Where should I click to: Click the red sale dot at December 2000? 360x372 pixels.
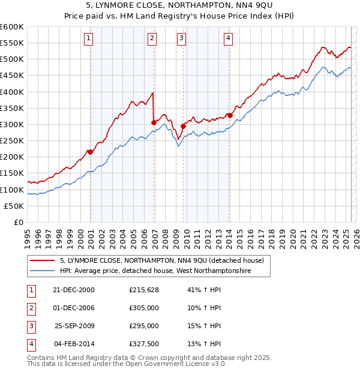pos(91,152)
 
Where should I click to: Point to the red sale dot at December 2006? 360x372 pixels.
pos(154,123)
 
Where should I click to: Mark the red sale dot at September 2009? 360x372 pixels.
pos(184,126)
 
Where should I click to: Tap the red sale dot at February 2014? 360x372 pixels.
pos(230,115)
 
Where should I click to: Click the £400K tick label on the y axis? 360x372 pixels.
pos(11,92)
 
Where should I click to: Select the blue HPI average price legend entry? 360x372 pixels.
pos(155,271)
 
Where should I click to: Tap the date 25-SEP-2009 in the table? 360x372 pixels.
pos(74,326)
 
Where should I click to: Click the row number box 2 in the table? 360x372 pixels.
pos(29,308)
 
